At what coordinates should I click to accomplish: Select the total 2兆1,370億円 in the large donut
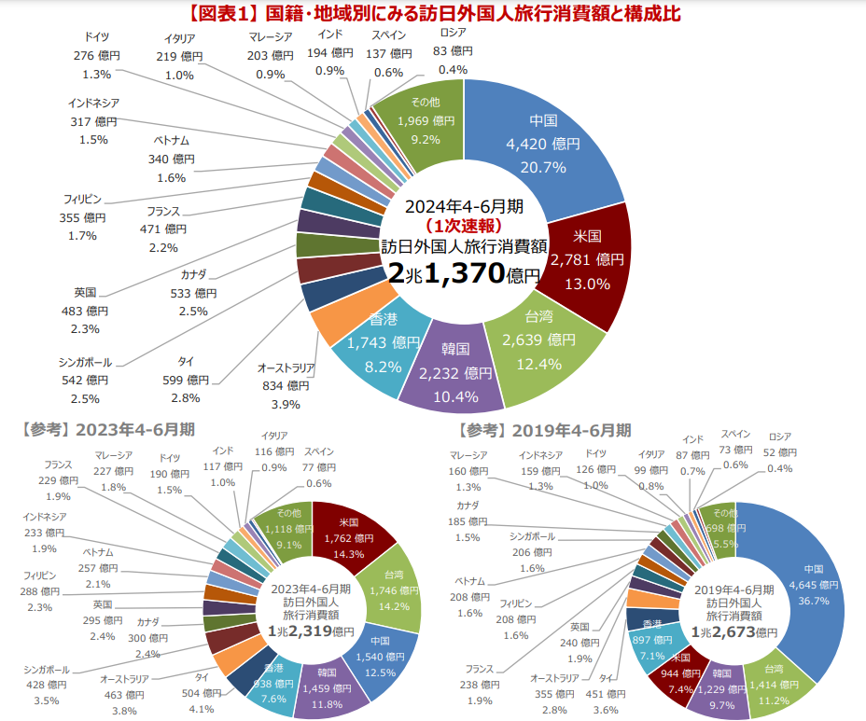pos(464,273)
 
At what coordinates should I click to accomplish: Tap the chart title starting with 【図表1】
pos(433,13)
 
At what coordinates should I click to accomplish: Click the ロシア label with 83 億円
pos(453,52)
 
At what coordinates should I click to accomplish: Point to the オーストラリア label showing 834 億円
pos(286,385)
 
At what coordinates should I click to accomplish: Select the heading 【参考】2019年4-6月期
pos(545,430)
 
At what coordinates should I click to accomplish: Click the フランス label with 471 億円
pos(163,229)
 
